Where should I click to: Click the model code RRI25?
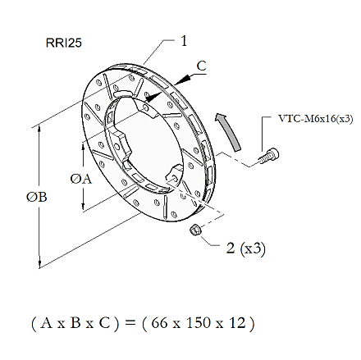pos(64,43)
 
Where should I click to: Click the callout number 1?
pos(184,41)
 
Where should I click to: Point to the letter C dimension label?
pos(202,66)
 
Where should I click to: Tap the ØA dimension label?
pos(81,180)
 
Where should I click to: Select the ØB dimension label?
pos(37,197)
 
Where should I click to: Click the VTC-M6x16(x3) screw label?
pos(316,119)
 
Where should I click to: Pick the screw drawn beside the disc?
pos(269,156)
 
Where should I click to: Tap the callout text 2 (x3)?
pos(246,248)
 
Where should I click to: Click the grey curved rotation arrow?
pos(229,130)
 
